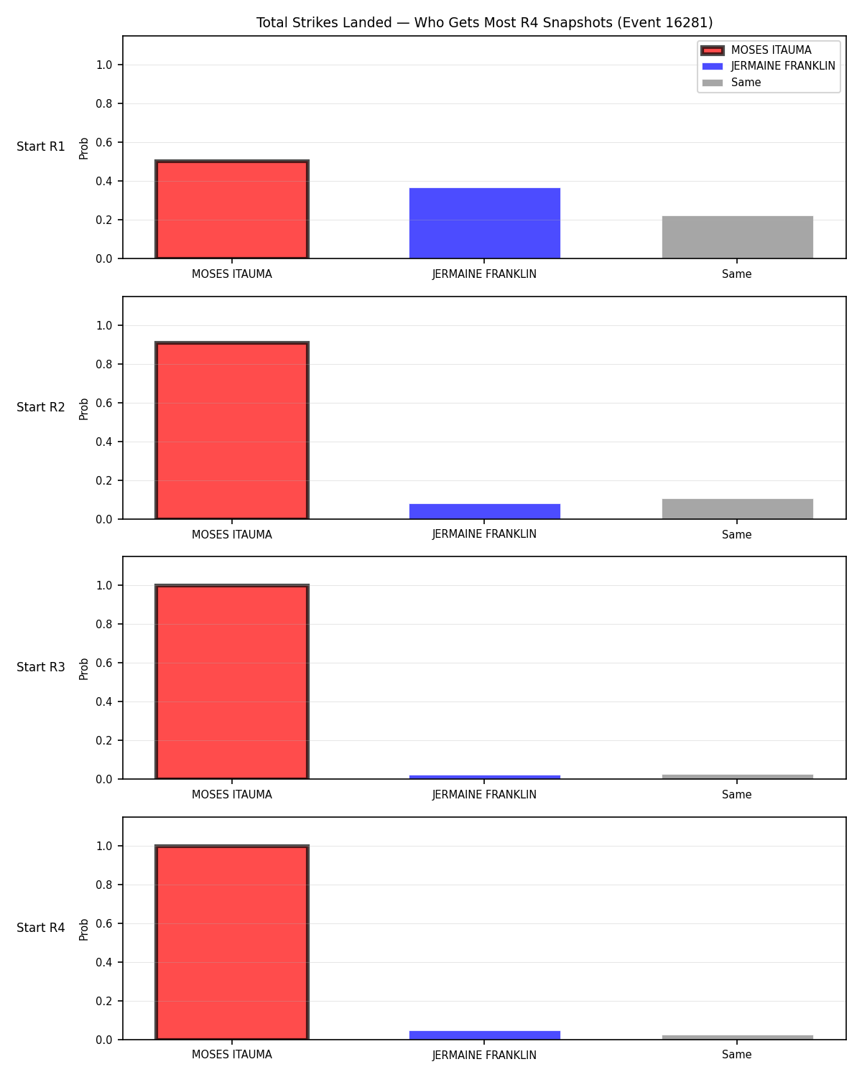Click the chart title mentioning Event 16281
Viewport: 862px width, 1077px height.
[484, 22]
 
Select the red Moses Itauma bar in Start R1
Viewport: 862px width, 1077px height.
[232, 209]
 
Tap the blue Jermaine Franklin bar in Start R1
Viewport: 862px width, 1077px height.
[484, 223]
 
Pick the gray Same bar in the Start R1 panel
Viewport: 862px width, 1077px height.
[737, 237]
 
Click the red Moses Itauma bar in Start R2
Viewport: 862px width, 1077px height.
[232, 430]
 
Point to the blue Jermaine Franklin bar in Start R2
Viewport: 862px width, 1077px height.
[484, 511]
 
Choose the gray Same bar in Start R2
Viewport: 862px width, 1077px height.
[737, 509]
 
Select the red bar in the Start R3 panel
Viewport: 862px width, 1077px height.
[232, 681]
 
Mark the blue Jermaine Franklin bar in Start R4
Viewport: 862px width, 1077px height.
[484, 1035]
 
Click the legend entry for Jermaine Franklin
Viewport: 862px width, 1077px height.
[769, 66]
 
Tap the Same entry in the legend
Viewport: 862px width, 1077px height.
[731, 83]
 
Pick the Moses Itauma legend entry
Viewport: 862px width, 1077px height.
[756, 50]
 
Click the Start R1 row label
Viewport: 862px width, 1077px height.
[40, 146]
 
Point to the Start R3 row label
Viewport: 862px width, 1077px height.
[40, 667]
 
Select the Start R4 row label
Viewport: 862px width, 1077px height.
[40, 928]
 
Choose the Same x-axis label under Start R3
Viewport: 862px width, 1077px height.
[737, 795]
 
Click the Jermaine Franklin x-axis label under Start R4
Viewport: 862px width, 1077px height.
[484, 1055]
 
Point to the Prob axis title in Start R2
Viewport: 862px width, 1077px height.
[83, 409]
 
